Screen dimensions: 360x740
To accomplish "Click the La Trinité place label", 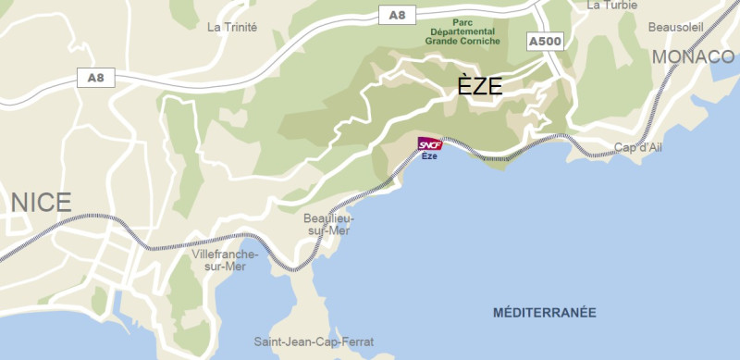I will click(232, 27).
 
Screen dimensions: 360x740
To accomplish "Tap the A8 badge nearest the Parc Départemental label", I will click(398, 15).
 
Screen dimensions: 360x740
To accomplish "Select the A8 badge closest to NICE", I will click(95, 78).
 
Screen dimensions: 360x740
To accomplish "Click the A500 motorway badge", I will click(544, 42).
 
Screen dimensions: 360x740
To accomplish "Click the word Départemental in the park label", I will click(462, 31).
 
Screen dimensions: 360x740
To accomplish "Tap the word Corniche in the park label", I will click(481, 41).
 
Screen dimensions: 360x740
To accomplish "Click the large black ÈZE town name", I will click(480, 87).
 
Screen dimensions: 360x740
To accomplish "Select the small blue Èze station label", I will click(429, 155).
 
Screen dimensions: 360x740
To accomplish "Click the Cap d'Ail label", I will click(637, 148).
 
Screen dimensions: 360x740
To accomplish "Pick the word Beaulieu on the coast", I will click(328, 217).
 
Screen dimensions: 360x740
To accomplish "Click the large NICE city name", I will click(42, 202).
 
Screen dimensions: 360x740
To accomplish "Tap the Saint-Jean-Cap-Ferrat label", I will click(314, 341).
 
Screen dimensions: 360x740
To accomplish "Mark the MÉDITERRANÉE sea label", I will click(544, 312).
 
